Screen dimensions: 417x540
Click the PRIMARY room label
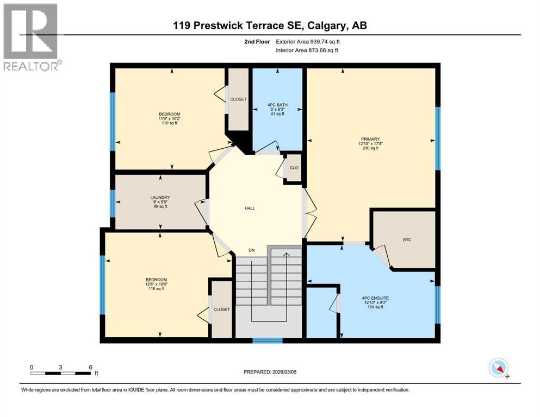(369, 139)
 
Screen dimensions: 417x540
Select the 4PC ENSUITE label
(374, 298)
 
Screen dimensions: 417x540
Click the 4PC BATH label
(277, 105)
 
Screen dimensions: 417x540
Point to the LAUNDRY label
(160, 198)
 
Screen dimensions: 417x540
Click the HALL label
(250, 208)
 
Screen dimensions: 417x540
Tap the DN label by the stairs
(251, 250)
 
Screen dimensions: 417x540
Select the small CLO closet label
(293, 168)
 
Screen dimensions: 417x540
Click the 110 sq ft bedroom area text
(169, 123)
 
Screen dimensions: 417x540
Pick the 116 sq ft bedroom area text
(156, 289)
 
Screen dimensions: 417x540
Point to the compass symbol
(499, 368)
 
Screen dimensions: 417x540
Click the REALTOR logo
(30, 37)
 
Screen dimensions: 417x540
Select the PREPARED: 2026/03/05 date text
(270, 372)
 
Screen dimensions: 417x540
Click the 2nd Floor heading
(257, 41)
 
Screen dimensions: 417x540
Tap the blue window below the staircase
(268, 341)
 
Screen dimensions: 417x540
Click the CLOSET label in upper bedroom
(238, 99)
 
